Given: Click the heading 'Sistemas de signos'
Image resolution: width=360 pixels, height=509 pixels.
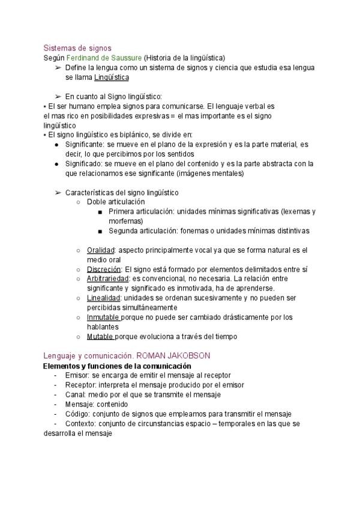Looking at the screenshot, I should [x=77, y=47].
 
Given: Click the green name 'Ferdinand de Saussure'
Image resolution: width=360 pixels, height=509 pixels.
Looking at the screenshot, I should [x=104, y=58].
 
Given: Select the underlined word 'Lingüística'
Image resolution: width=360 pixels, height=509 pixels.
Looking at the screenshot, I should [x=112, y=77].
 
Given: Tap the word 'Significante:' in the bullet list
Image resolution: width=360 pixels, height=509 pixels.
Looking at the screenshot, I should [x=84, y=145].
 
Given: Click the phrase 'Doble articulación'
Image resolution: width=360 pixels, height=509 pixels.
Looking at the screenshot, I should [x=116, y=202].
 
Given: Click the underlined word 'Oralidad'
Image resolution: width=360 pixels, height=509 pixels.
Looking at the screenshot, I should [x=100, y=250].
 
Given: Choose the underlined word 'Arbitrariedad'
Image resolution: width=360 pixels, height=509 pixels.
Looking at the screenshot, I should [x=107, y=279].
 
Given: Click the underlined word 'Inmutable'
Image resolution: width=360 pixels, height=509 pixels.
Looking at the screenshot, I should [x=103, y=318].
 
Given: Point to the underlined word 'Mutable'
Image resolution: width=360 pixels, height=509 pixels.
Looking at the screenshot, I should [x=100, y=337].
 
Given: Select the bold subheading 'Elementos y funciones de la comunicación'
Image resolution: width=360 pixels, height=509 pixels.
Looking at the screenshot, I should [x=117, y=366].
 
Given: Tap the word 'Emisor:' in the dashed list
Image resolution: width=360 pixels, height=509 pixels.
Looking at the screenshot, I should [x=77, y=375].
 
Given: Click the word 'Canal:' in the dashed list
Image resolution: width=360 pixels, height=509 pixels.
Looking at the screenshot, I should [x=76, y=394].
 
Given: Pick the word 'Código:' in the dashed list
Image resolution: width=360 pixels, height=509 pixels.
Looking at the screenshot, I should [x=77, y=414].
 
